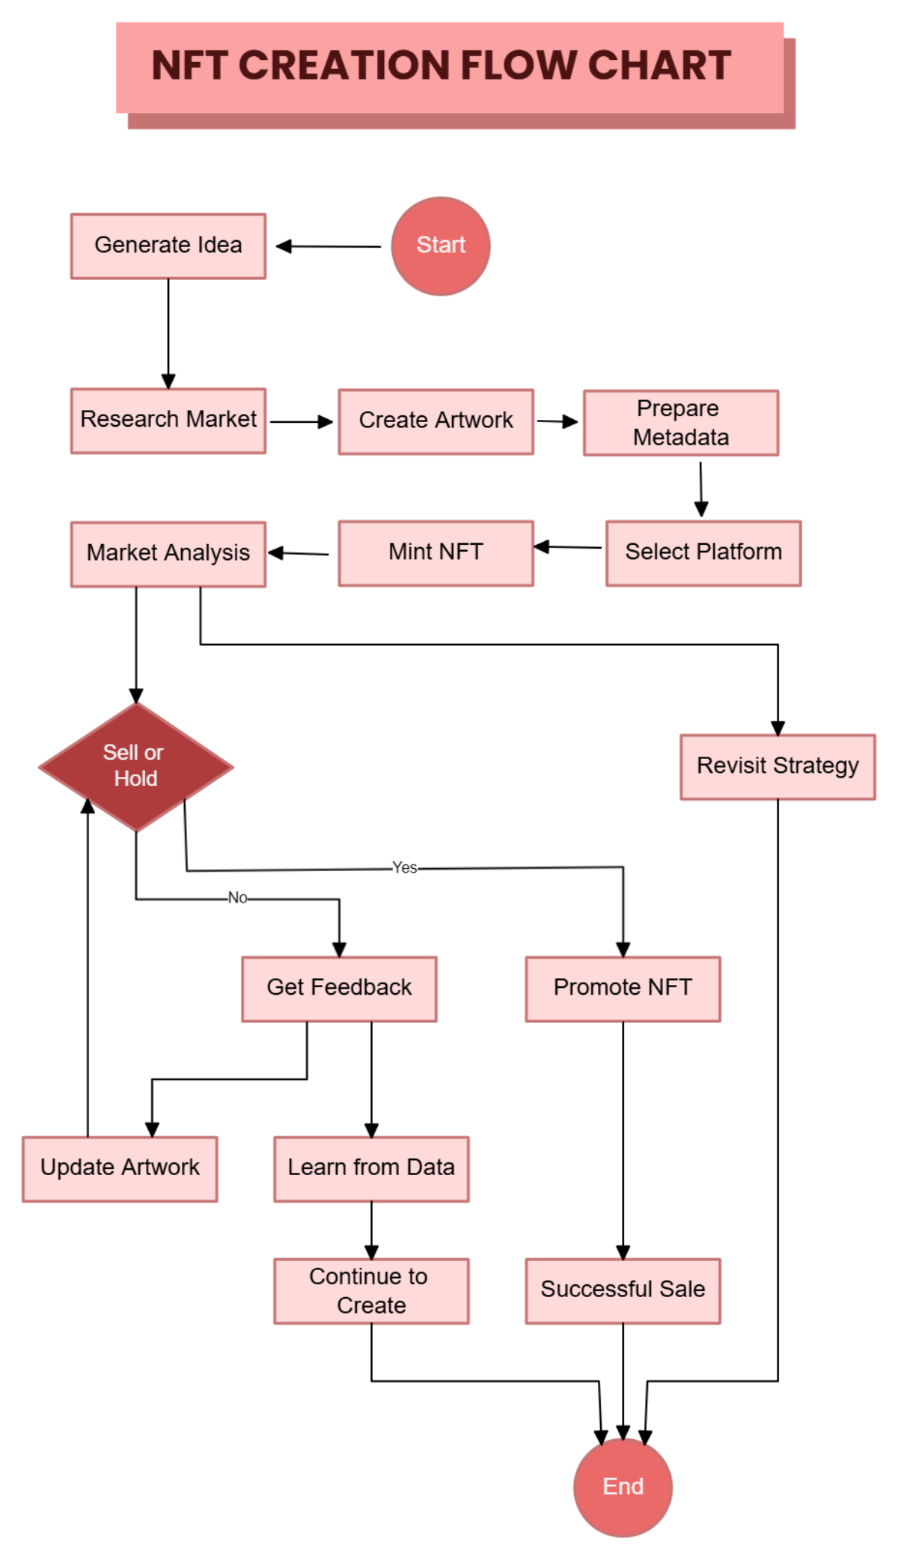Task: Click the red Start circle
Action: pyautogui.click(x=441, y=245)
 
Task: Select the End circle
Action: pyautogui.click(x=623, y=1486)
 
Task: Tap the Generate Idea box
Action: pyautogui.click(x=168, y=245)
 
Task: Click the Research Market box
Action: pyautogui.click(x=168, y=420)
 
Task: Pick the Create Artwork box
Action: pyautogui.click(x=436, y=421)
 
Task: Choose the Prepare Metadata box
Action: pyautogui.click(x=680, y=422)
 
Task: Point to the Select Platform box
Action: pyautogui.click(x=703, y=552)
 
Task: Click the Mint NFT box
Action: pyautogui.click(x=436, y=552)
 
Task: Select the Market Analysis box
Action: pyautogui.click(x=168, y=553)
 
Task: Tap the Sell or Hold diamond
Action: pyautogui.click(x=135, y=766)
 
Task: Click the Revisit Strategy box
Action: pyautogui.click(x=778, y=766)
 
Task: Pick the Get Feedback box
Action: pyautogui.click(x=339, y=988)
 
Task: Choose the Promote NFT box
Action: pyautogui.click(x=623, y=988)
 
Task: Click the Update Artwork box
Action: pyautogui.click(x=120, y=1168)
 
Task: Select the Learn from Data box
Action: pyautogui.click(x=371, y=1168)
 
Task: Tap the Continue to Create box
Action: pyautogui.click(x=371, y=1290)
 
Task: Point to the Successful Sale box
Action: pyautogui.click(x=623, y=1290)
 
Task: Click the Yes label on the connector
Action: pyautogui.click(x=405, y=867)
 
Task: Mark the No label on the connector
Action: pyautogui.click(x=237, y=897)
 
